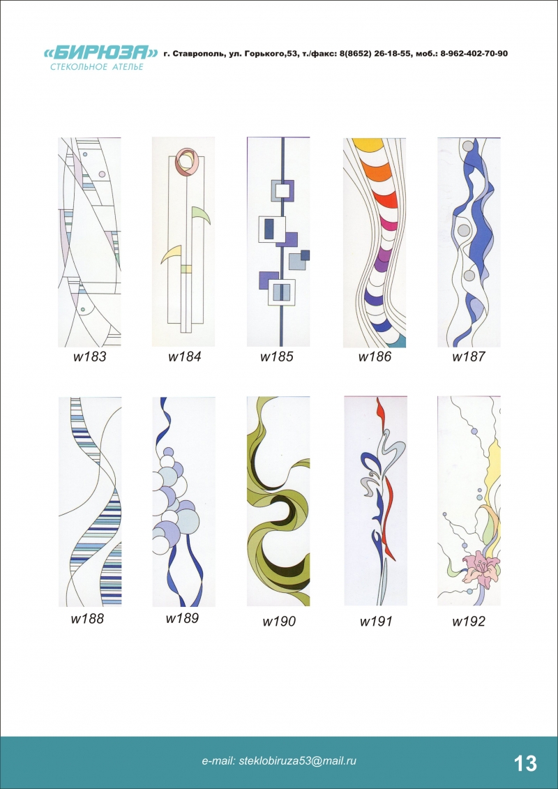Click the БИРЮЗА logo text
pos(100,53)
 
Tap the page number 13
pos(525,763)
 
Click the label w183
pos(90,357)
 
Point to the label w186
pos(375,357)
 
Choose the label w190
pos(279,622)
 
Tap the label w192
pos(469,622)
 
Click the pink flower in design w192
pos(481,567)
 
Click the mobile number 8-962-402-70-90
pos(474,53)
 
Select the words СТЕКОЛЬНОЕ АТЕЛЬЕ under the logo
pos(97,67)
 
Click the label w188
pos(87,618)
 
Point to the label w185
pos(277,357)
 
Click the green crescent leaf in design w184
pos(202,216)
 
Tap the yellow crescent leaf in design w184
pos(170,253)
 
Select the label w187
pos(469,357)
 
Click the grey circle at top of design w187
pos(469,146)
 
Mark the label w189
pos(182,618)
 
